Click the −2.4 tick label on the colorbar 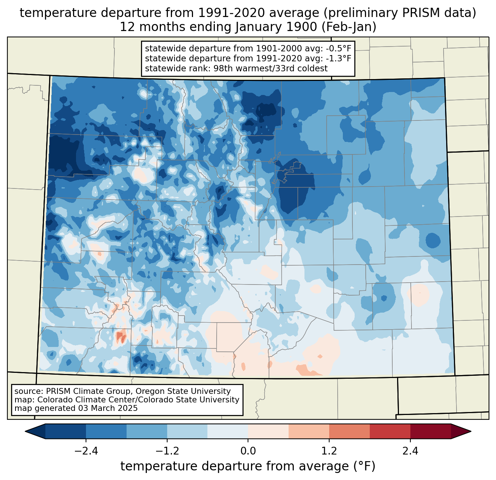point(86,451)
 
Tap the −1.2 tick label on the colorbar point(167,451)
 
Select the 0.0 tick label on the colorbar point(248,451)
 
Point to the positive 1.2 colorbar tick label point(329,451)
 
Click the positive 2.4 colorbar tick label point(410,451)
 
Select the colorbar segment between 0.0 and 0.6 point(268,431)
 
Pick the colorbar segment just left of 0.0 point(228,431)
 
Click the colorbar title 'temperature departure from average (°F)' point(248,466)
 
